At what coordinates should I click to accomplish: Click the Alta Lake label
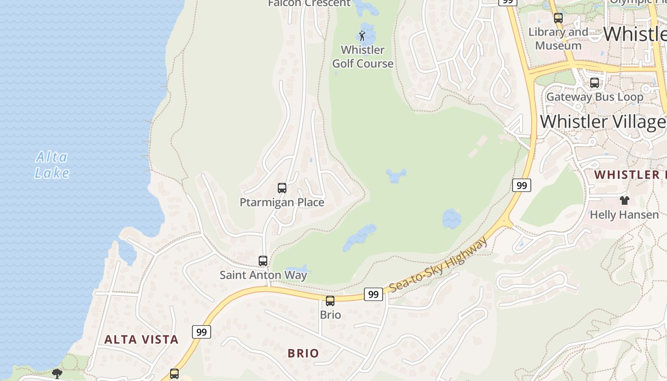tap(52, 165)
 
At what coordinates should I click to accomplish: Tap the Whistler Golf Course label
tap(363, 57)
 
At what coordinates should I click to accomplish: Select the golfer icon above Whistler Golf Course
tap(362, 36)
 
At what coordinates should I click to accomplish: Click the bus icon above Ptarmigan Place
tap(282, 188)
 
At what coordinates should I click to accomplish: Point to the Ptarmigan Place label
tap(282, 202)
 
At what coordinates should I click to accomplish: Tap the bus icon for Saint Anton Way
tap(263, 261)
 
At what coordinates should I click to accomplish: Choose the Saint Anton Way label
tap(263, 275)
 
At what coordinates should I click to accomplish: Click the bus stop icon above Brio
tap(330, 301)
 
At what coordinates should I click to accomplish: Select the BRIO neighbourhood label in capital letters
tap(303, 353)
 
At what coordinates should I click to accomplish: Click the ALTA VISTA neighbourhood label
tap(141, 340)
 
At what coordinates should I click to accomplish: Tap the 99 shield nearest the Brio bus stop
tap(374, 294)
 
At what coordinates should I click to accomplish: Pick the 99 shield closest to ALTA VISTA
tap(202, 332)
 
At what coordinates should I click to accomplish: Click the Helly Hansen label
tap(624, 215)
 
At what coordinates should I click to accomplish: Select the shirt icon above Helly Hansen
tap(624, 201)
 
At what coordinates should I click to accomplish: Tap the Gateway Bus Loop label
tap(595, 97)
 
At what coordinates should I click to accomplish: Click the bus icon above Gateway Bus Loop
tap(595, 83)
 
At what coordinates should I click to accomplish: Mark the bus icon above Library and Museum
tap(558, 19)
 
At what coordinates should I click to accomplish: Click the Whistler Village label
tap(603, 121)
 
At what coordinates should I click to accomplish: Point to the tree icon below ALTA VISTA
tap(57, 373)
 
